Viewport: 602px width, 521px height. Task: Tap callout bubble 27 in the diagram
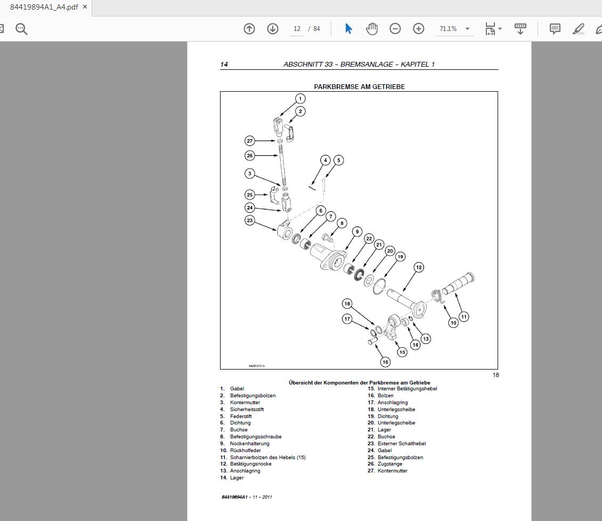point(250,141)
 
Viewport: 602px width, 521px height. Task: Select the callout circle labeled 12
point(419,268)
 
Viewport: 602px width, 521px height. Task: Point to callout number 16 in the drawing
point(385,362)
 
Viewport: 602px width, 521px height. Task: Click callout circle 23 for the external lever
point(250,220)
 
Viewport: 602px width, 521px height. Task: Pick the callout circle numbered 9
point(357,232)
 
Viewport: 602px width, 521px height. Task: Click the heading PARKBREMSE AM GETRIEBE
point(359,87)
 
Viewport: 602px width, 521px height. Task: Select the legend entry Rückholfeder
point(245,451)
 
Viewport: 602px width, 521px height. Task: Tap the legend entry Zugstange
point(390,464)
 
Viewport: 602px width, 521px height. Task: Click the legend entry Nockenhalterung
point(249,444)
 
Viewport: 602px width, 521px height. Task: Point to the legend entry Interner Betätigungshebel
point(407,389)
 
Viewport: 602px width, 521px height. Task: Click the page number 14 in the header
point(224,65)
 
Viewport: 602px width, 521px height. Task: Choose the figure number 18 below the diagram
point(495,375)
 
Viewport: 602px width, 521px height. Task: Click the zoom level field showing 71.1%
point(448,29)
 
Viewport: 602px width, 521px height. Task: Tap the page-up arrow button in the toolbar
point(249,29)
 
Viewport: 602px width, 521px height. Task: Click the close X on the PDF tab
point(85,7)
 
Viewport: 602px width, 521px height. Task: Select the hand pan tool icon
point(372,29)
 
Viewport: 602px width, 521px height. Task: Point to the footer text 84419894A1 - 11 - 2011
point(247,497)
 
